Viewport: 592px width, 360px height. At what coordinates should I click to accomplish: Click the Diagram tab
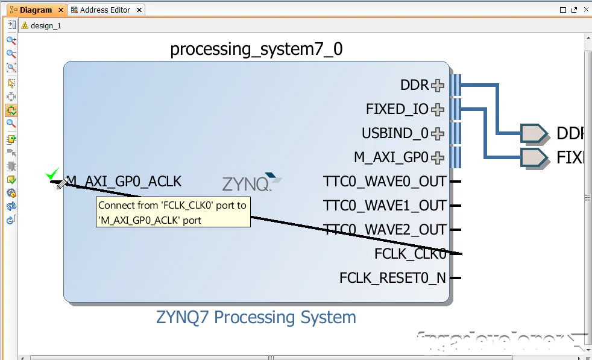[x=35, y=10]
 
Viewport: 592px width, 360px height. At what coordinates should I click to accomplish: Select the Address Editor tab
[x=105, y=10]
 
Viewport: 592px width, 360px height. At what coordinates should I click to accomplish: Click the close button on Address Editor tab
[x=139, y=10]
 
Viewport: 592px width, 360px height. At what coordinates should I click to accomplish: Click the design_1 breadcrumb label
[x=45, y=26]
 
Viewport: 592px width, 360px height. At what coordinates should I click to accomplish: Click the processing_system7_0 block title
[x=256, y=49]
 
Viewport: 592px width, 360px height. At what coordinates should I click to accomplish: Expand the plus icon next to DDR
[x=438, y=86]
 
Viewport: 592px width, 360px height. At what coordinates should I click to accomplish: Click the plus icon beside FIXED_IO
[x=438, y=110]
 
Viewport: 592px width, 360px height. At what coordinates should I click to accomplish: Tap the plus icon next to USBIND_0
[x=438, y=134]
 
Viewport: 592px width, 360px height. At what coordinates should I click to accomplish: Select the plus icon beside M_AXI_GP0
[x=438, y=158]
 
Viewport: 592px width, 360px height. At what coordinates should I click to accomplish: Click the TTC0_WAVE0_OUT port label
[x=385, y=182]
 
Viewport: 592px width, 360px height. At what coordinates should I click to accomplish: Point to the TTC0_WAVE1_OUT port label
[x=385, y=206]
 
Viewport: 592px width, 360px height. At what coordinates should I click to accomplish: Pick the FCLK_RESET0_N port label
[x=392, y=278]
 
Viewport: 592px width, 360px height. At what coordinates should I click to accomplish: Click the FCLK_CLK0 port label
[x=410, y=254]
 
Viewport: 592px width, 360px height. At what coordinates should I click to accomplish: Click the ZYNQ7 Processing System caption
[x=256, y=317]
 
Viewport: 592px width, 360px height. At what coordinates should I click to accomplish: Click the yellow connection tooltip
[x=174, y=213]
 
